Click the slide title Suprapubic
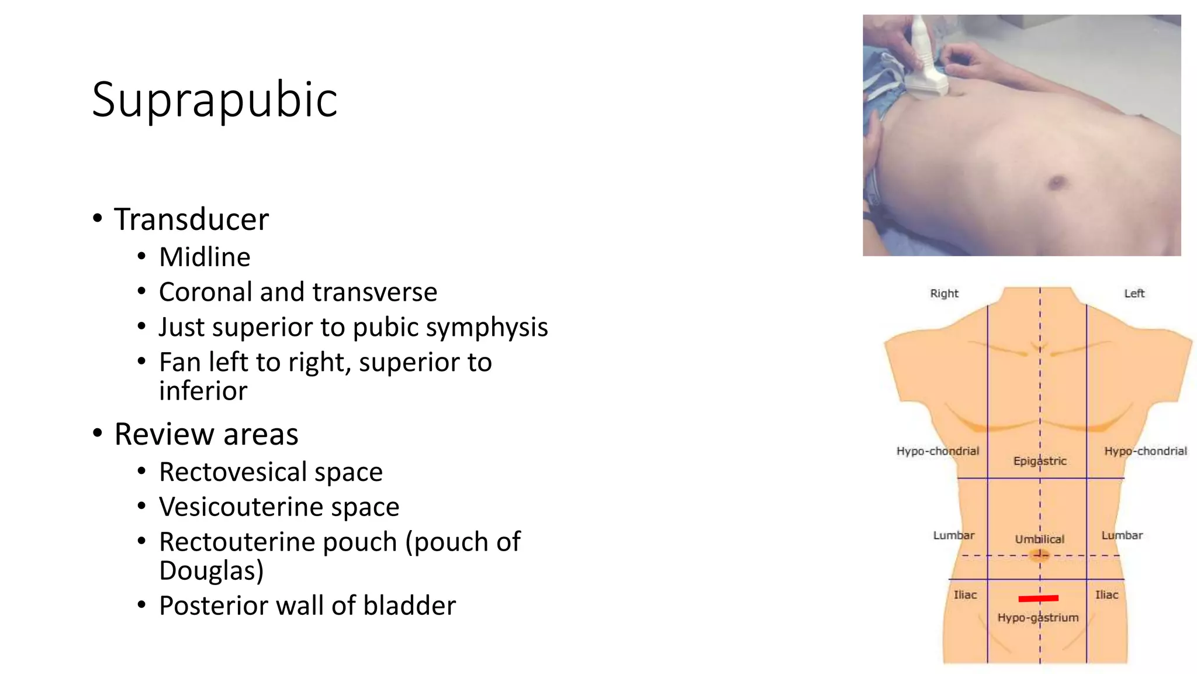[x=215, y=100]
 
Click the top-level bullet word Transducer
[x=191, y=219]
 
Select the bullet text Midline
[x=205, y=257]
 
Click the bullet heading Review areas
[x=206, y=434]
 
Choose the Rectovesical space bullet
[x=271, y=472]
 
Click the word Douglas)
[x=211, y=570]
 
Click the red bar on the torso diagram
[x=1038, y=598]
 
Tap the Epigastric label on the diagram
[x=1040, y=461]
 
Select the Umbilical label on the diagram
[x=1039, y=539]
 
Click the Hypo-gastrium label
[x=1038, y=617]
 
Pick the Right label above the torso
[x=944, y=293]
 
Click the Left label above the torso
[x=1134, y=293]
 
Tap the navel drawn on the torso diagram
[x=1039, y=554]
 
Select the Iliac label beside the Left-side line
[x=1106, y=594]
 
